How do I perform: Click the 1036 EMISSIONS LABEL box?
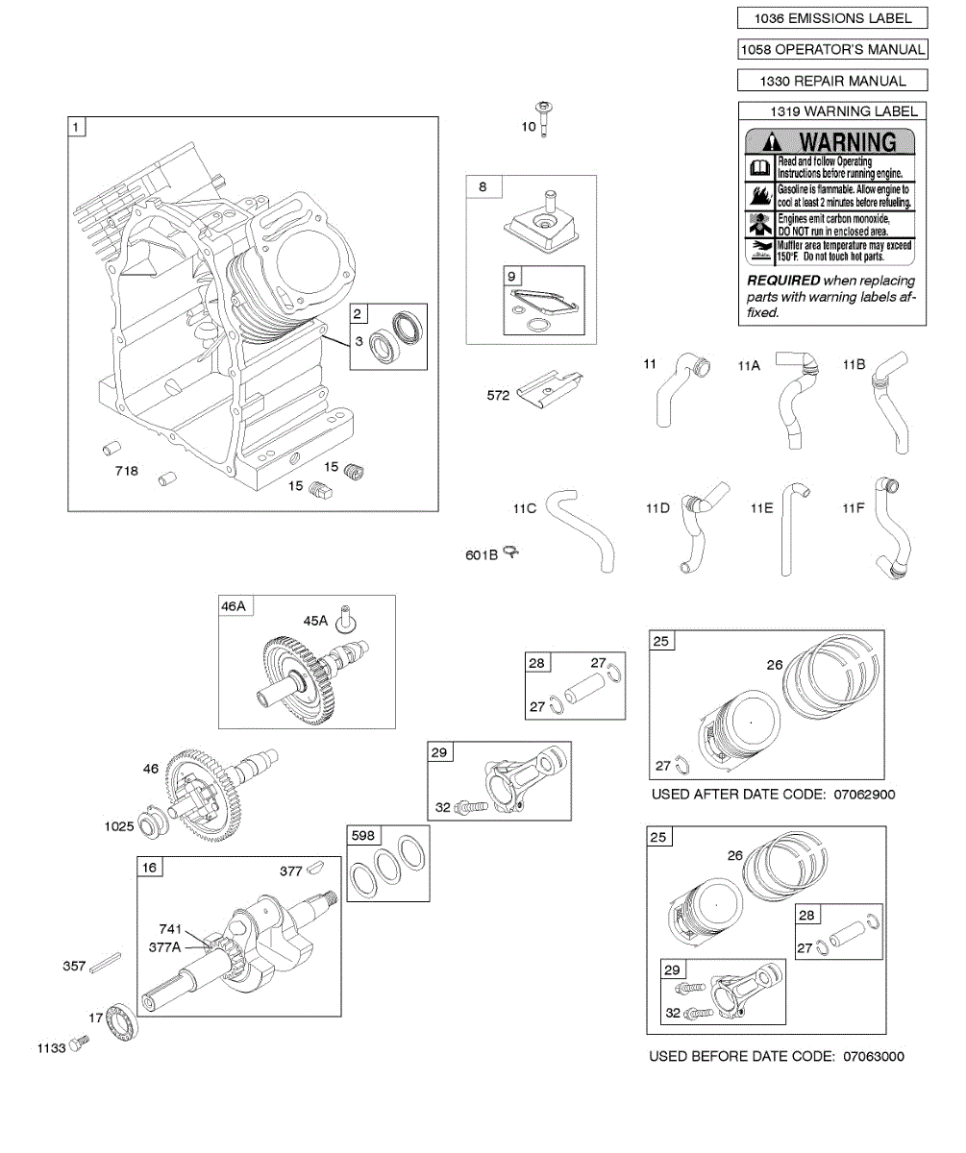[832, 18]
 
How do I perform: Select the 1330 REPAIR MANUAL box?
[832, 81]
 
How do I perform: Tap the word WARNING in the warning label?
[846, 142]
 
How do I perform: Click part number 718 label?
[126, 471]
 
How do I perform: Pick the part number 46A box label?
[234, 606]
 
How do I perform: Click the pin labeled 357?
[106, 963]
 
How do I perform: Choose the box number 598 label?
[363, 836]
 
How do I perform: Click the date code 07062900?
[864, 795]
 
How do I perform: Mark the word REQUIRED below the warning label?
[783, 281]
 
